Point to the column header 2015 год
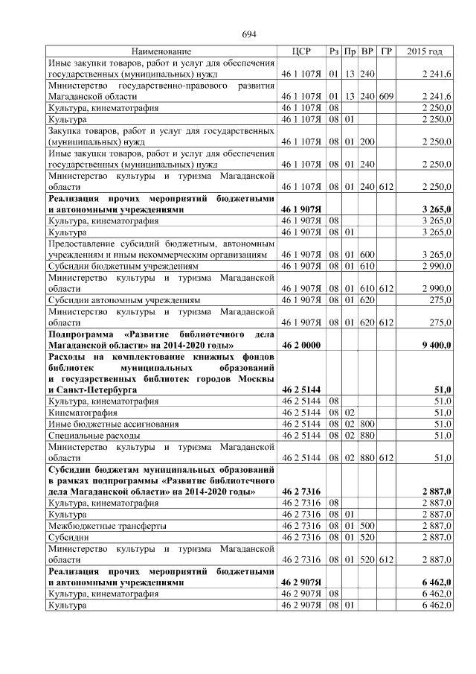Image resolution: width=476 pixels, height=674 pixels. [425, 51]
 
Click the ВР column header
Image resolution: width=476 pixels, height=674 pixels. [367, 51]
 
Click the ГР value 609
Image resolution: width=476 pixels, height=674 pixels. [385, 97]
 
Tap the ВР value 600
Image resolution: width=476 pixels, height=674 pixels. [367, 255]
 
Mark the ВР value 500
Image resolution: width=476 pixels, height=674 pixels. [367, 525]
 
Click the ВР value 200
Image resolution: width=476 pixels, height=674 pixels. [367, 142]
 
